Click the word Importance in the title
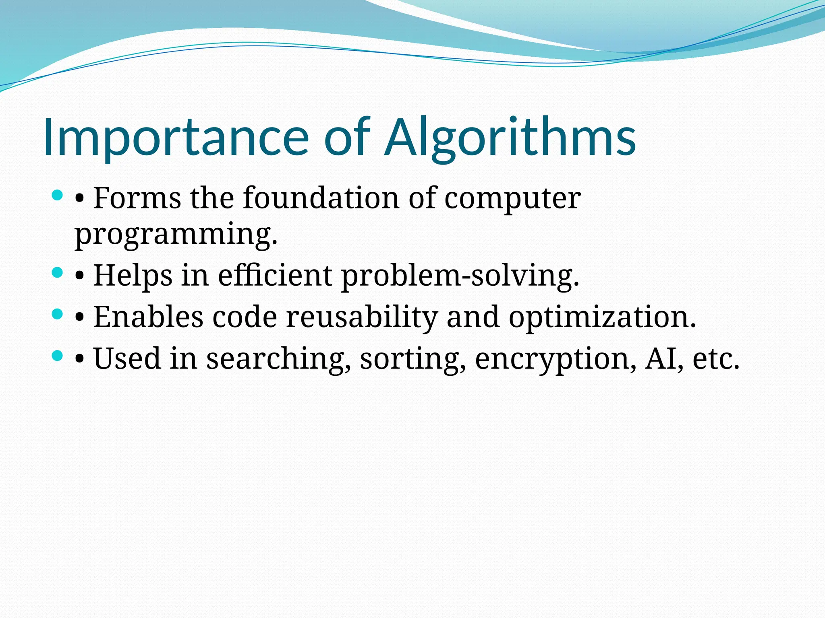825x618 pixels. [x=176, y=138]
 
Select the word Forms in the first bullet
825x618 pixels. [x=137, y=198]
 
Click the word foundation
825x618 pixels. [x=321, y=198]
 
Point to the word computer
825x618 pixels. [x=512, y=199]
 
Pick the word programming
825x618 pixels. [x=176, y=235]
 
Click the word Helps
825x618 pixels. [x=133, y=276]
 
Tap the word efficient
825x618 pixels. [x=275, y=275]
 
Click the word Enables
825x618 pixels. [x=148, y=317]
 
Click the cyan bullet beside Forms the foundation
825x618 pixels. [x=58, y=196]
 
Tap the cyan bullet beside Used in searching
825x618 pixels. [x=58, y=355]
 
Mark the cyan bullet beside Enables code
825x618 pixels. [x=58, y=314]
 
